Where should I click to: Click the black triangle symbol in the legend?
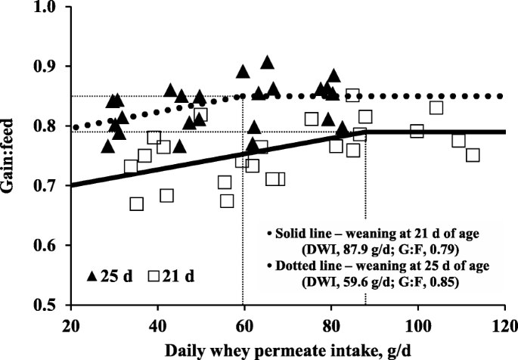[x=93, y=277]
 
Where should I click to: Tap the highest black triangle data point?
[x=267, y=63]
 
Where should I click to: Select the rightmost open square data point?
[x=473, y=155]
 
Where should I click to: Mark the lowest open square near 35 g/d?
[x=136, y=203]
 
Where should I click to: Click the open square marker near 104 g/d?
[x=436, y=107]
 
